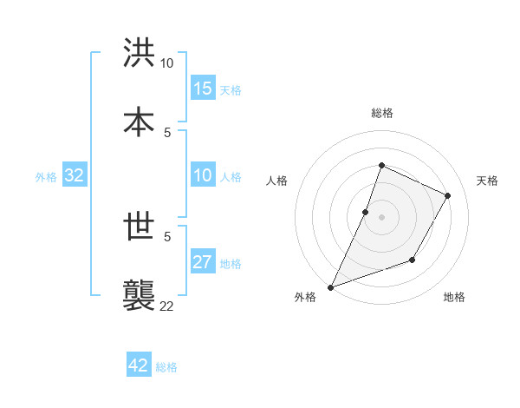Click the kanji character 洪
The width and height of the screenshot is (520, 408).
140,53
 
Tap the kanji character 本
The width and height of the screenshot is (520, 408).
140,121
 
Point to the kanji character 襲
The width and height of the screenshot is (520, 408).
140,294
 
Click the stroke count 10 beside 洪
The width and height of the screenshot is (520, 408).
167,63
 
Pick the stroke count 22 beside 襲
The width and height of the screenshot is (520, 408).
167,305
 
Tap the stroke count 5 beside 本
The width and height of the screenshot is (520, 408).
167,131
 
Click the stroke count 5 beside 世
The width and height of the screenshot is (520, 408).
167,235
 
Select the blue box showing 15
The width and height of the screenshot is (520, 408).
203,89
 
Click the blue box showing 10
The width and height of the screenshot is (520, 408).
203,175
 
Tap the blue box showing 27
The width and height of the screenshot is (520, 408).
203,262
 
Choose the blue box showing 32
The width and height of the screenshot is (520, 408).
75,175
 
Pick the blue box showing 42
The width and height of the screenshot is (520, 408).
139,365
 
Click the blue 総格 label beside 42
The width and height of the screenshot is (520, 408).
166,367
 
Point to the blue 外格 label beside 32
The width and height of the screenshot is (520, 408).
46,177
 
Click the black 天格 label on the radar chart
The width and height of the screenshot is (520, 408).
487,181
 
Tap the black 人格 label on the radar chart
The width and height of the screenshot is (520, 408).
276,181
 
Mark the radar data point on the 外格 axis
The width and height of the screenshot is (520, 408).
330,286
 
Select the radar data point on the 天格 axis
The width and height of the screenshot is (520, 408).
448,195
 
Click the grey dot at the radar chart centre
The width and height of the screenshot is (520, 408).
381,216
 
